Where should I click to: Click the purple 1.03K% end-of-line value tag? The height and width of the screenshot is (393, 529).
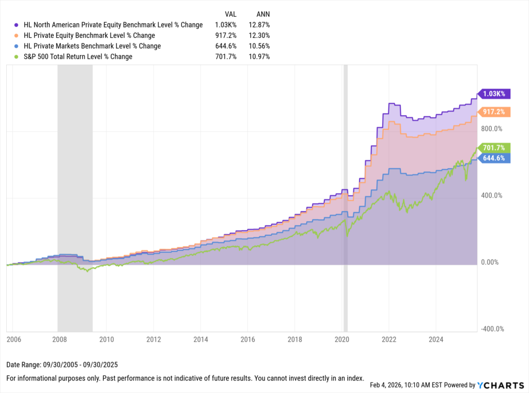click(x=495, y=94)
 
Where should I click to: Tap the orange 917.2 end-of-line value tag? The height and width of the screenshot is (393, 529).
click(x=496, y=112)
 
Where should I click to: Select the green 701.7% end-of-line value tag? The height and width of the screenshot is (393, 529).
click(x=495, y=147)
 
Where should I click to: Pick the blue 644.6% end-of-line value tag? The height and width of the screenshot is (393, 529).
click(x=495, y=158)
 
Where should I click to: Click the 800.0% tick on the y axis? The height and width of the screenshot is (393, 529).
click(x=492, y=128)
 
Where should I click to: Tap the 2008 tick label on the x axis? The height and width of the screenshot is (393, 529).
click(x=59, y=339)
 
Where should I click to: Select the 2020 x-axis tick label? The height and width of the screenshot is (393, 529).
click(x=342, y=339)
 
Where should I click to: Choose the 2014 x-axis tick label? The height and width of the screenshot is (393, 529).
click(x=200, y=339)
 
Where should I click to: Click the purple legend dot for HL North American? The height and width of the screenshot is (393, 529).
click(x=17, y=25)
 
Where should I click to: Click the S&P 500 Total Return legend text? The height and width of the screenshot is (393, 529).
click(x=78, y=56)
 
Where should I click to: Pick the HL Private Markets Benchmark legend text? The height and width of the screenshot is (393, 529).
click(x=92, y=46)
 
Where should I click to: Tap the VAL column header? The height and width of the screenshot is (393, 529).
click(x=231, y=14)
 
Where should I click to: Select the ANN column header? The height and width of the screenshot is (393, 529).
click(x=263, y=14)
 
